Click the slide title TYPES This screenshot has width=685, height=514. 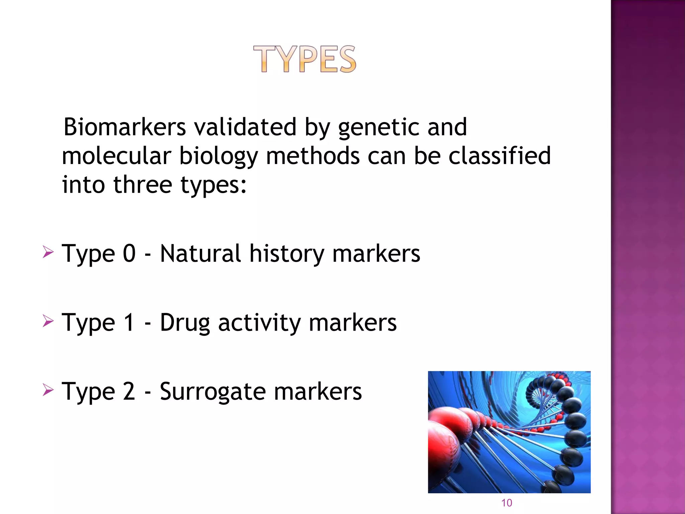305,59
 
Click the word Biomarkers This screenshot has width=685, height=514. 124,127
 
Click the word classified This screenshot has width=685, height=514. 499,156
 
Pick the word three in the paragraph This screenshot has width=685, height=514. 143,185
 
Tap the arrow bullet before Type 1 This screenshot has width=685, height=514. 48,321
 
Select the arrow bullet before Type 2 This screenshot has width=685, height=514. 48,390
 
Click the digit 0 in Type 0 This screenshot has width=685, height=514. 129,253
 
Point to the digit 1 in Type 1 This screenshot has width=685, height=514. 129,322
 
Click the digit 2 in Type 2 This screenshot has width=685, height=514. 129,391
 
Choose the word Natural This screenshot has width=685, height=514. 200,253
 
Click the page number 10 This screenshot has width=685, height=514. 506,503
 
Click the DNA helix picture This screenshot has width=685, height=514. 509,432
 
